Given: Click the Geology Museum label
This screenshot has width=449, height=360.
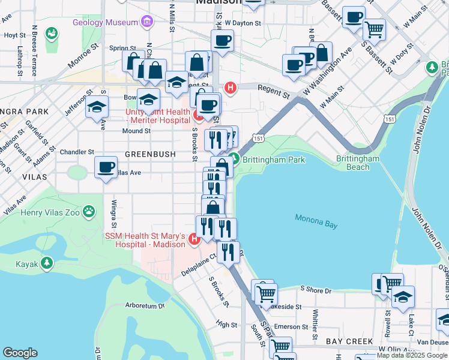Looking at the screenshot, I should click(x=106, y=22).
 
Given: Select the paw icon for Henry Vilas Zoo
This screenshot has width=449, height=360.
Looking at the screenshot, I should click(x=89, y=211).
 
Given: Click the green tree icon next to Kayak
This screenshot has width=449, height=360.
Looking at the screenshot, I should click(x=46, y=263).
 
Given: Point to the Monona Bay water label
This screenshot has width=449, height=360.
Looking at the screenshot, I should click(x=316, y=219).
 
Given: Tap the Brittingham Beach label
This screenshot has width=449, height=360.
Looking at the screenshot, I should click(x=358, y=163).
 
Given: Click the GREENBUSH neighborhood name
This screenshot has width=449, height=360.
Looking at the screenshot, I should click(x=150, y=154).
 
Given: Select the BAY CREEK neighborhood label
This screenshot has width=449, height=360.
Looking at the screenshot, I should click(x=346, y=341).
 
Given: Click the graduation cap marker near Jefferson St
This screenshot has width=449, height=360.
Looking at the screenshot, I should click(x=96, y=107).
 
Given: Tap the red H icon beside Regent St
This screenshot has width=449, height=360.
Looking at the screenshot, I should click(x=229, y=88).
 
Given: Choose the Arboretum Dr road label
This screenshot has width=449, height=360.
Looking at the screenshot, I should click(x=145, y=305).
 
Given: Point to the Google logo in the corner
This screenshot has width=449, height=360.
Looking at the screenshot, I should click(x=20, y=353).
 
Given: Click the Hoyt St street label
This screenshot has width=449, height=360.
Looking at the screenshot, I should click(x=11, y=35).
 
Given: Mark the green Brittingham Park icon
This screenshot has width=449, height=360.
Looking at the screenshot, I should click(x=234, y=159).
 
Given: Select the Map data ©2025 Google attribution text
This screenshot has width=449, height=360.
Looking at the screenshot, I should click(x=412, y=355).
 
